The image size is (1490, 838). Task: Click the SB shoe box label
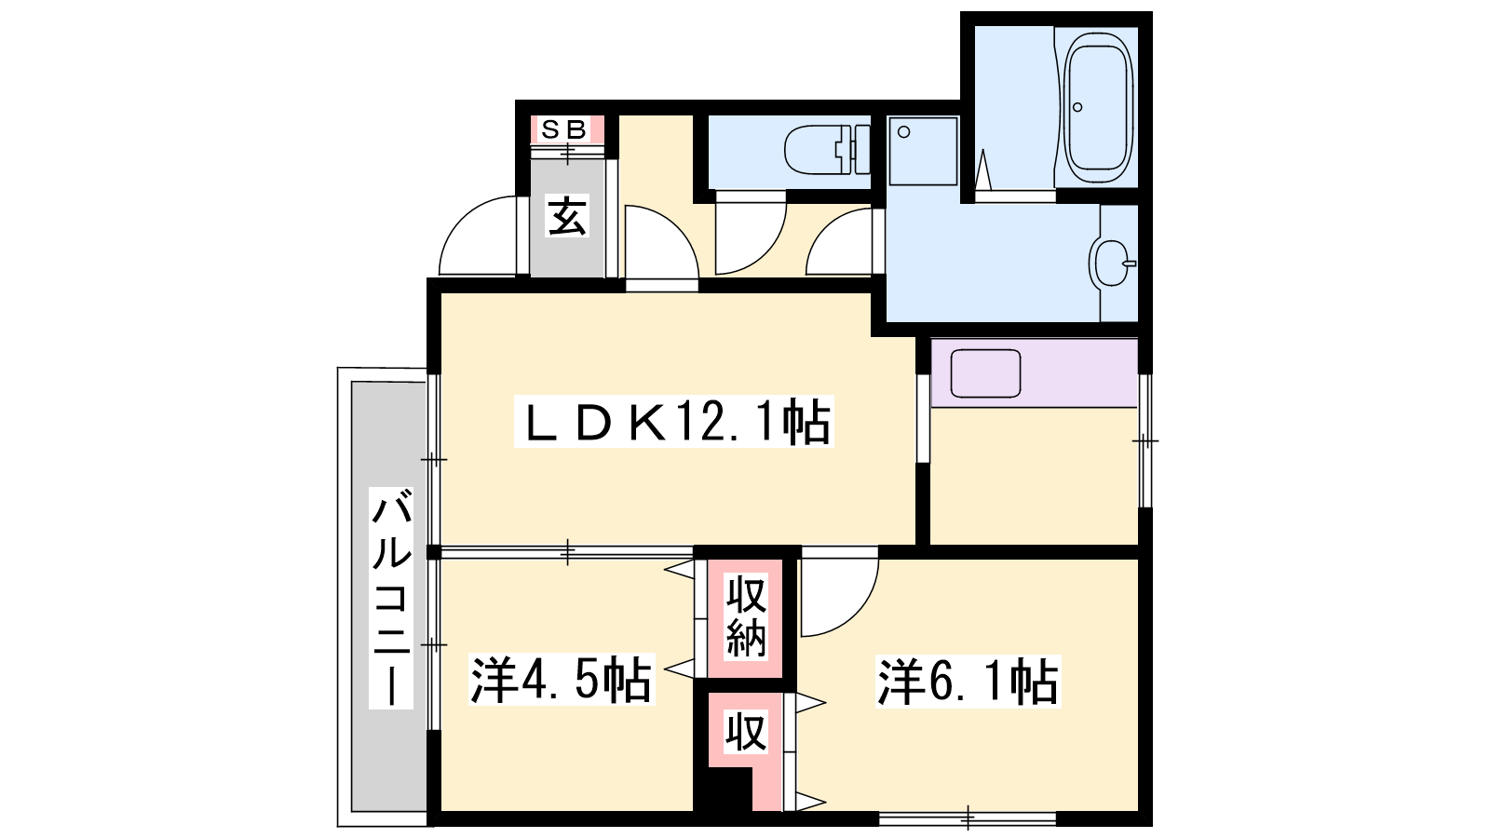pos(567,129)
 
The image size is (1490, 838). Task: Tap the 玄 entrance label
pos(567,216)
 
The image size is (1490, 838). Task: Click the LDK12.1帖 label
pos(674,422)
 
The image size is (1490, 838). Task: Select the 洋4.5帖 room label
pos(562,680)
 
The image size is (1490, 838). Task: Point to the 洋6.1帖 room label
pos(968,682)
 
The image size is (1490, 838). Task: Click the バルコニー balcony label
pos(391,597)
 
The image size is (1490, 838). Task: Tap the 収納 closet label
pos(746,618)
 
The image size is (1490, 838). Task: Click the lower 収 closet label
pos(746,732)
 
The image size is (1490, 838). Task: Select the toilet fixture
pos(827,150)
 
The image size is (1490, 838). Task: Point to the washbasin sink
pos(1112,263)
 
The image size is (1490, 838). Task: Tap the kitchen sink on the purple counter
pos(985,373)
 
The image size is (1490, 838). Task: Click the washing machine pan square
pos(923,151)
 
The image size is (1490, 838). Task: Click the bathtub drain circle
pos(1077,107)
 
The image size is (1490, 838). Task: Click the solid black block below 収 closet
pos(723,790)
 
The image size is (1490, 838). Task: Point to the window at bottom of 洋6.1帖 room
pos(968,818)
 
